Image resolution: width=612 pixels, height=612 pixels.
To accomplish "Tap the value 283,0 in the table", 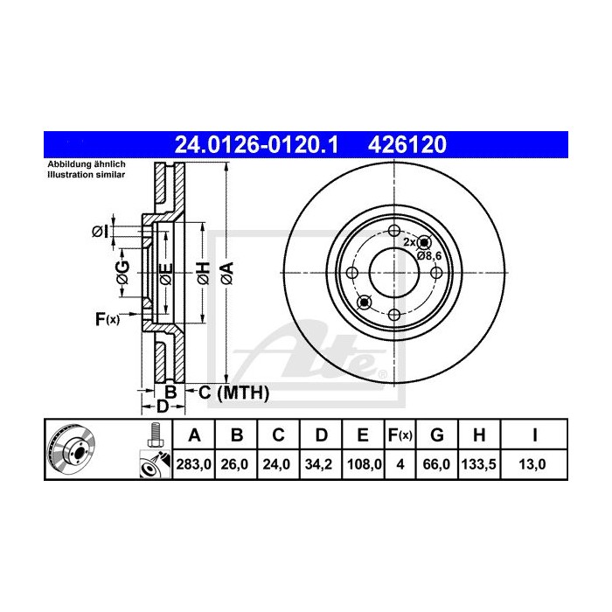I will (195, 466).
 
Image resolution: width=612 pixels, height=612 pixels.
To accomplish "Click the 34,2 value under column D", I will (321, 466).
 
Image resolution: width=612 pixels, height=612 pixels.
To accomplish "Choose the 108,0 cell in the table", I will (363, 466).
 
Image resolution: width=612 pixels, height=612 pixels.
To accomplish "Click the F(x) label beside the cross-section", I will (107, 319).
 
